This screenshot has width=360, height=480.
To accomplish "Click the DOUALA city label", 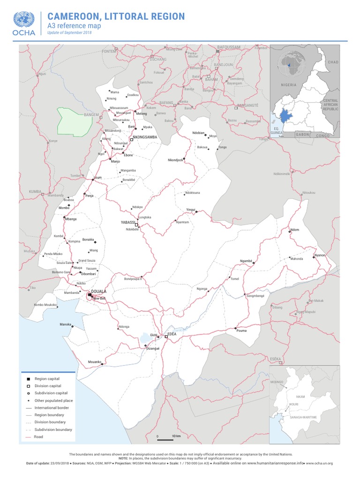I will pyautogui.click(x=99, y=291).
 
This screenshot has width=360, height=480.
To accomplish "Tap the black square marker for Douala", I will pyautogui.click(x=90, y=295).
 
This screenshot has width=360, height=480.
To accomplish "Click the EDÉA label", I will pyautogui.click(x=172, y=333).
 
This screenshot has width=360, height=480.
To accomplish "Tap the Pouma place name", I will pyautogui.click(x=241, y=330).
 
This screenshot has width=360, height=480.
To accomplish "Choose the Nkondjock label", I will pyautogui.click(x=175, y=160).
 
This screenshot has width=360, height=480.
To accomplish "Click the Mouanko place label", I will pyautogui.click(x=95, y=361).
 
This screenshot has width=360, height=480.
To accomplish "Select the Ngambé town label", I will pyautogui.click(x=246, y=260).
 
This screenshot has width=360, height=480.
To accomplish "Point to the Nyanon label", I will pyautogui.click(x=320, y=255).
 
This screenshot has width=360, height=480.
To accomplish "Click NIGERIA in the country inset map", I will pyautogui.click(x=289, y=85).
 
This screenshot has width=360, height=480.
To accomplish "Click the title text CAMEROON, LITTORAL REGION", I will pyautogui.click(x=116, y=17).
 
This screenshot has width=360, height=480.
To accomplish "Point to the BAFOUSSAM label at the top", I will pyautogui.click(x=229, y=47).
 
